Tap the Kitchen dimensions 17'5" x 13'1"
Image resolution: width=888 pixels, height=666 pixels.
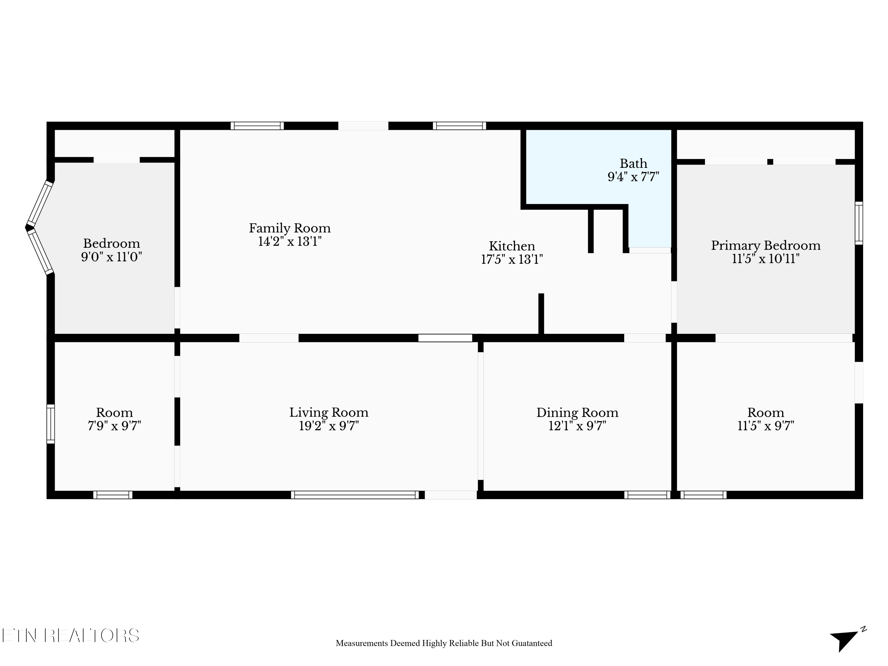[x=512, y=260]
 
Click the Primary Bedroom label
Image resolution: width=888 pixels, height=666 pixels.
[x=765, y=246]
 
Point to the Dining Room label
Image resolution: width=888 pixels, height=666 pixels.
[x=577, y=413]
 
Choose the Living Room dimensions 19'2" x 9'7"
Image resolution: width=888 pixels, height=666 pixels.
[x=329, y=426]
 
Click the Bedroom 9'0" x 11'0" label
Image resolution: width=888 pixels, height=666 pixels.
[x=112, y=250]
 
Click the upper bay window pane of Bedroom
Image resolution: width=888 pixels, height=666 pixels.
[x=40, y=204]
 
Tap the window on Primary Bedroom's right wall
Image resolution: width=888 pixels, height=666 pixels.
[x=859, y=223]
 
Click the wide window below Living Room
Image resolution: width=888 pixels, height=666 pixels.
[x=355, y=495]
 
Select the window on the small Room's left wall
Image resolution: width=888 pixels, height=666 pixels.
[x=51, y=424]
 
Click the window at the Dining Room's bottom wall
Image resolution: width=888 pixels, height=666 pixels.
[x=647, y=495]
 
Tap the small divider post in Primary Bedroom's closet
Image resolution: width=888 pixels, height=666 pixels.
[x=770, y=162]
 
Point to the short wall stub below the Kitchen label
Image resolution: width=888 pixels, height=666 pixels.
[x=541, y=313]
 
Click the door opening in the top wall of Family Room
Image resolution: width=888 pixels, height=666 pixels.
[x=363, y=126]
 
